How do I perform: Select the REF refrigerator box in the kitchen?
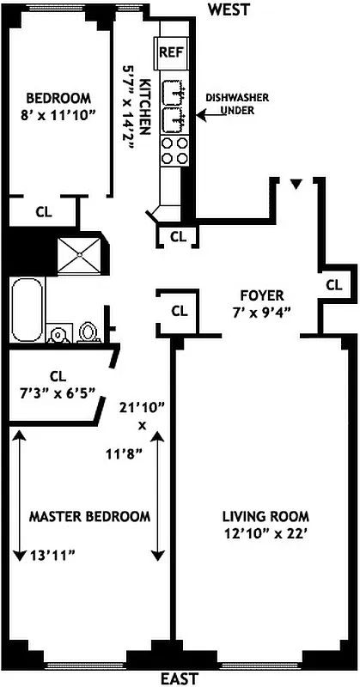pyautogui.click(x=169, y=53)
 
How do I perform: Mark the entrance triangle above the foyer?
pyautogui.click(x=296, y=184)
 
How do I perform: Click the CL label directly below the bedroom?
pyautogui.click(x=42, y=210)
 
